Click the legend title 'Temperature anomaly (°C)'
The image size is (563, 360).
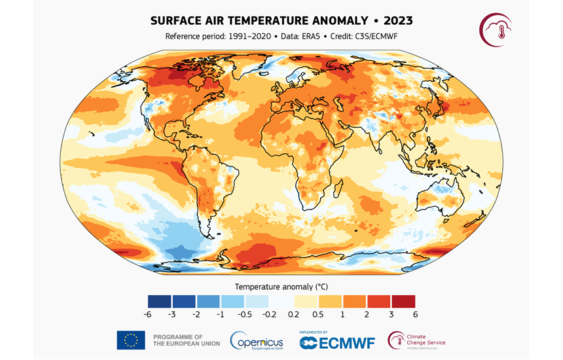point(281,287)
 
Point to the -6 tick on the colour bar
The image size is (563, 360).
point(150,315)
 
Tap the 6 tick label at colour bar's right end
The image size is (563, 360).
point(414,315)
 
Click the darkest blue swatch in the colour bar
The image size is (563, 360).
point(160,301)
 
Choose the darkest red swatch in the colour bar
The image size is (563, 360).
point(403,301)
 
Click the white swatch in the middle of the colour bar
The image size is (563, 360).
point(281,301)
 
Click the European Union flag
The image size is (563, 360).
point(131,340)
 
